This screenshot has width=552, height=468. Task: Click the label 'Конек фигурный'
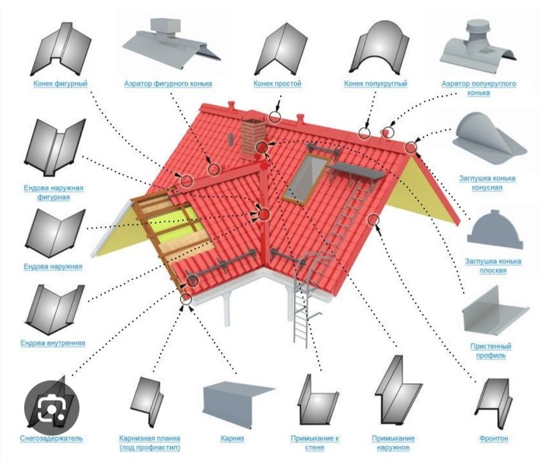pyautogui.click(x=61, y=84)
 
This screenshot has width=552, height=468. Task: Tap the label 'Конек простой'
pyautogui.click(x=277, y=84)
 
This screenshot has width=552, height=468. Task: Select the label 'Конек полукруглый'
pyautogui.click(x=375, y=84)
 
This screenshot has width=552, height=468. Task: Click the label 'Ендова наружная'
pyautogui.click(x=53, y=266)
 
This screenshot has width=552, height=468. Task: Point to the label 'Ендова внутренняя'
pyautogui.click(x=53, y=343)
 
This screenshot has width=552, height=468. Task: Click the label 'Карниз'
pyautogui.click(x=231, y=439)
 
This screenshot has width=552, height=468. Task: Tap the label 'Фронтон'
pyautogui.click(x=494, y=439)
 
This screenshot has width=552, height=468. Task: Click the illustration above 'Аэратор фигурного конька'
pyautogui.click(x=167, y=40)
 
